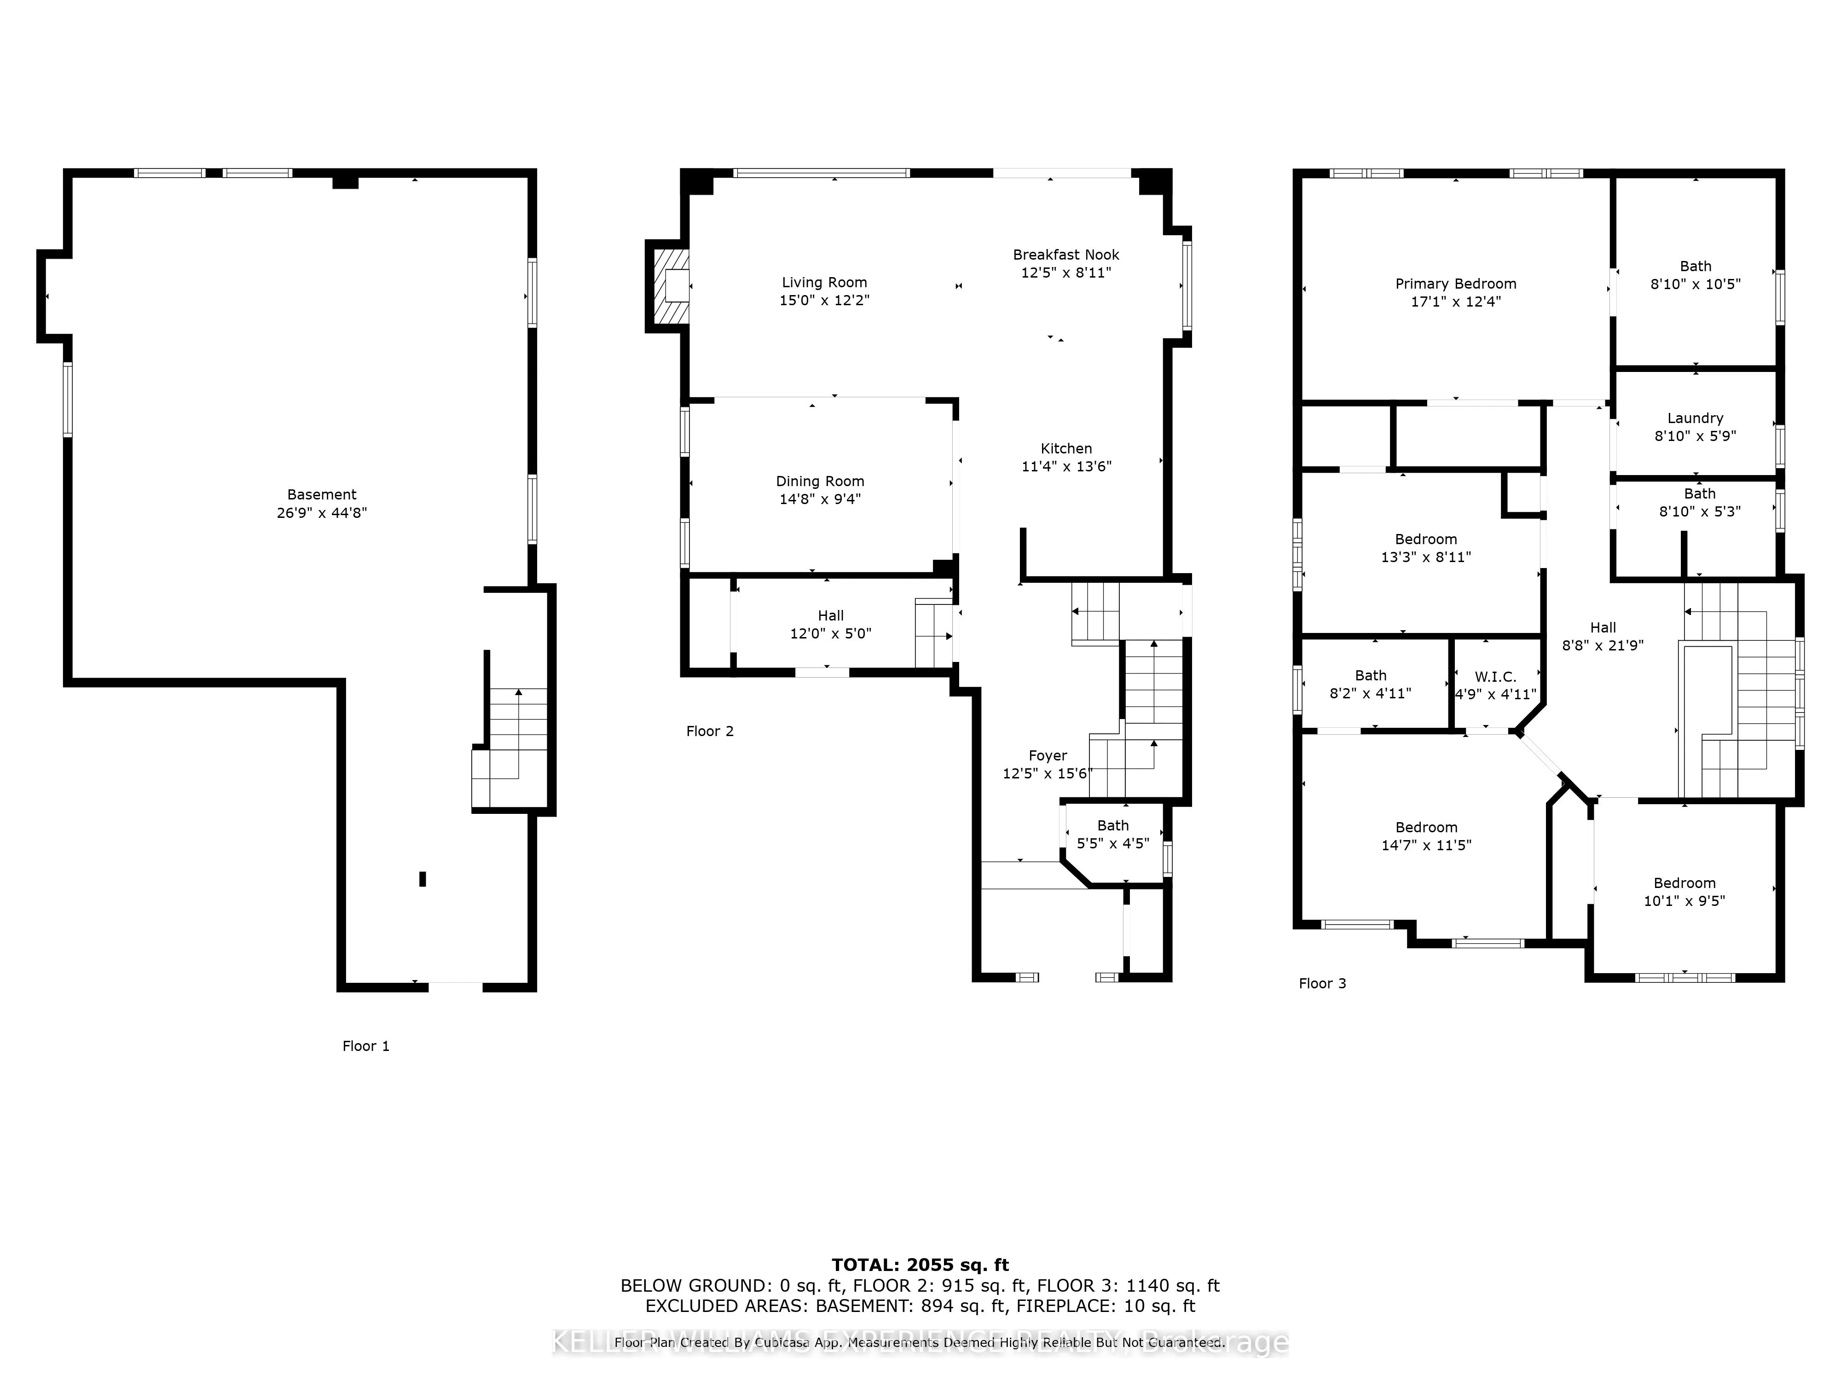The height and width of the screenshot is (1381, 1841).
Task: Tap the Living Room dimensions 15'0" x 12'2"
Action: [824, 301]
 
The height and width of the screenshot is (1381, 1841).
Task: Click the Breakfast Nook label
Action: [1065, 255]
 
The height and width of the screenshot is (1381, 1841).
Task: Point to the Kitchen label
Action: [1065, 449]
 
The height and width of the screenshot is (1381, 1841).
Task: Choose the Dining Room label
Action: [820, 481]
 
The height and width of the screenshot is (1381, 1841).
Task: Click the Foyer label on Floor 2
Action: [1047, 756]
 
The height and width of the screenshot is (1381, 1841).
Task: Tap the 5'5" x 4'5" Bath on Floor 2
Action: [1113, 834]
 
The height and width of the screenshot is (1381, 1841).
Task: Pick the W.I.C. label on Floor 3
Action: [1496, 677]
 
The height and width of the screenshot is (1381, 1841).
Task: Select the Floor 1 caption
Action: [365, 1046]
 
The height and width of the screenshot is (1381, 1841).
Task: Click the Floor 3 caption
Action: [1322, 984]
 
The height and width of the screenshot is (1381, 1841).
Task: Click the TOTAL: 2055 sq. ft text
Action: [920, 1266]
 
